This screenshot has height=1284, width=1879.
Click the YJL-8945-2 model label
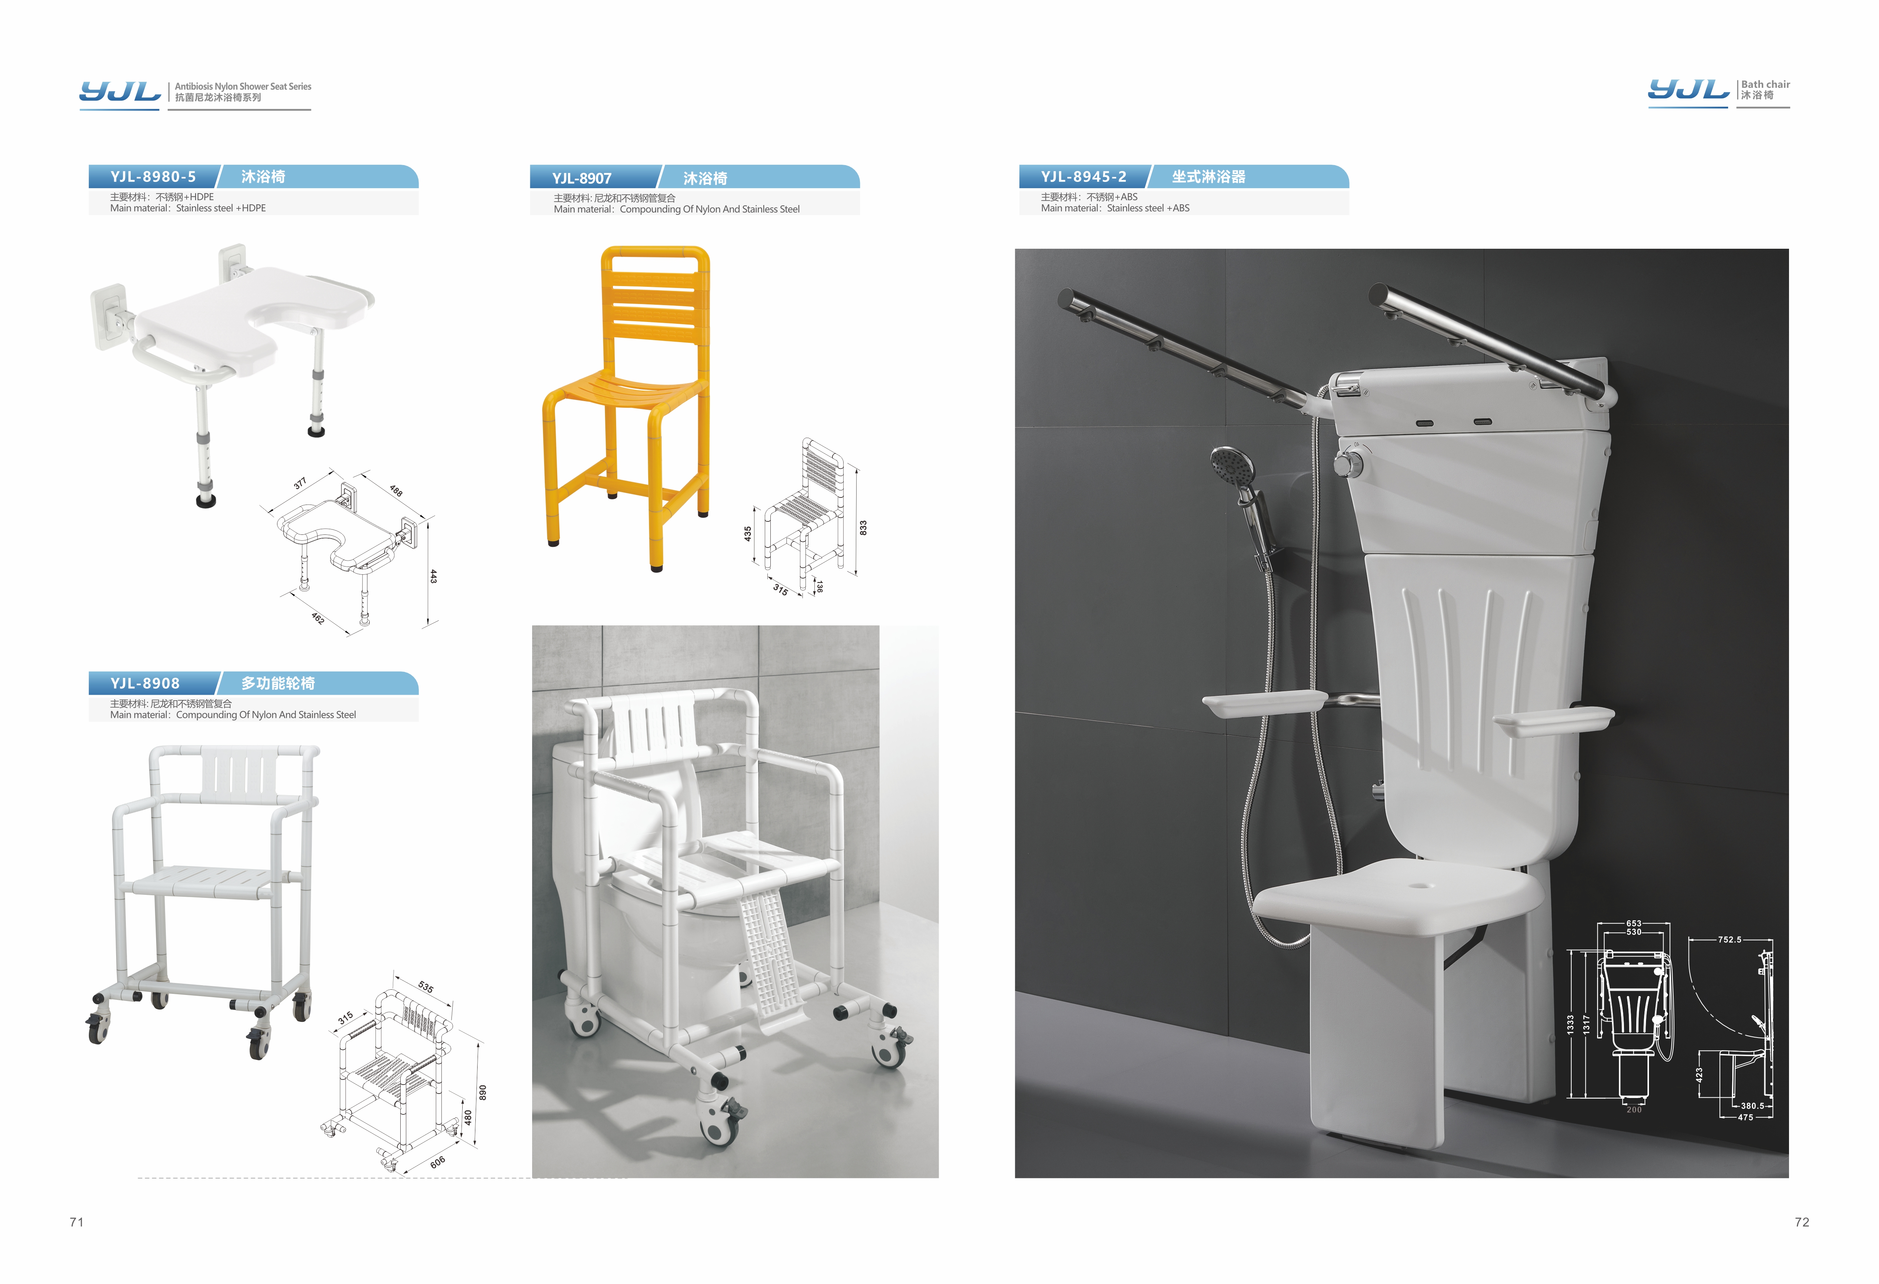pos(1083,176)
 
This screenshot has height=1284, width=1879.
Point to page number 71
pos(77,1222)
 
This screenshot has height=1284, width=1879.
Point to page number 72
pos(1802,1222)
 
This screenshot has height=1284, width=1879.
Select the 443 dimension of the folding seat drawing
pos(434,577)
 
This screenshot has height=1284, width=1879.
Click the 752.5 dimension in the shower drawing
pos(1729,940)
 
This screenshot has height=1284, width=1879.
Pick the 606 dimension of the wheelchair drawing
pos(437,1162)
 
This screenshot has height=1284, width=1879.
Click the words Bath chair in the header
pos(1766,84)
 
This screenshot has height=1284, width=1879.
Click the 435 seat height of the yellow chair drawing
pos(748,534)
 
